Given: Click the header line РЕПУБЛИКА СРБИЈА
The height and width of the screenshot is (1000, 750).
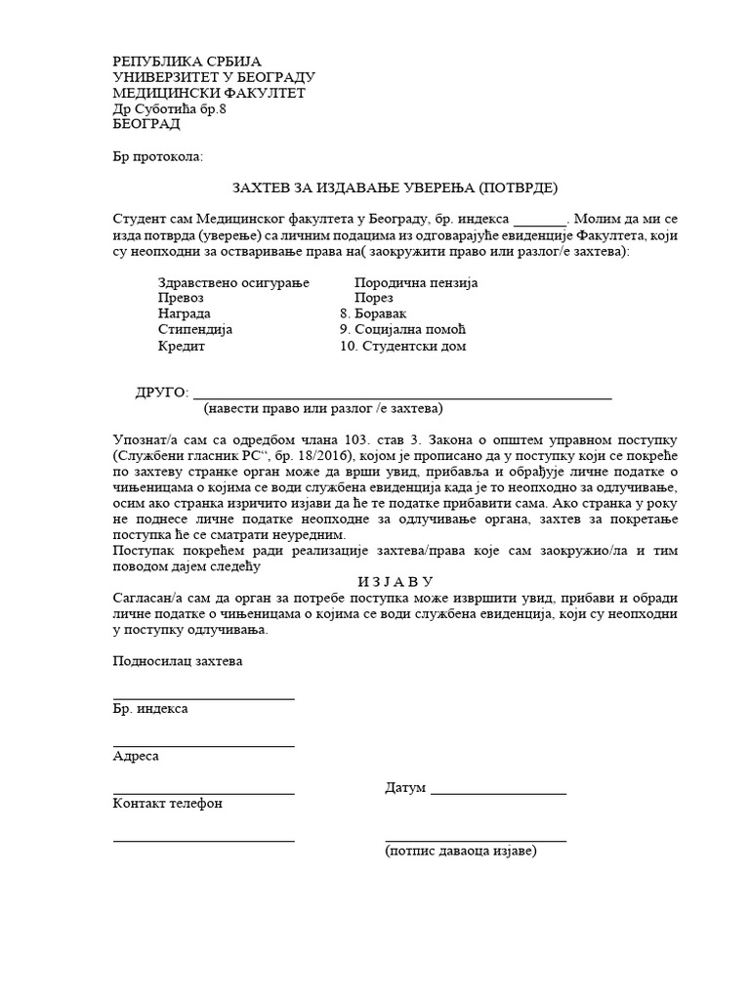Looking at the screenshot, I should point(187,62).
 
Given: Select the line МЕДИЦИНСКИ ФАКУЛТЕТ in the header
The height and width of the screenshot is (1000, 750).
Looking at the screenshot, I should point(209,93).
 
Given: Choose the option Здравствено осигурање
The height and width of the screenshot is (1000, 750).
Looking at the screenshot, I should point(232,283).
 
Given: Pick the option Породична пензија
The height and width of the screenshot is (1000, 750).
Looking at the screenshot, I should point(416,283).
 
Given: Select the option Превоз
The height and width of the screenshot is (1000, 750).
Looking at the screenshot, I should point(181,299).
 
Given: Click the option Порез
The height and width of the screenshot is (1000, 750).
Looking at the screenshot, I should point(374,299).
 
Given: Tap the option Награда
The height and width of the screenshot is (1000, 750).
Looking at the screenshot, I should point(184,314).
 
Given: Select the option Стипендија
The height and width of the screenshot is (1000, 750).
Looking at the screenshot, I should point(195,330).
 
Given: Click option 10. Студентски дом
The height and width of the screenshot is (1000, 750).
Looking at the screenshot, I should point(403,346).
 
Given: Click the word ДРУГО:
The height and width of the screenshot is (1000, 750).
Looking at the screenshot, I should point(161,393).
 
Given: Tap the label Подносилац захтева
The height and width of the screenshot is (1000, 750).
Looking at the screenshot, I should point(178,661).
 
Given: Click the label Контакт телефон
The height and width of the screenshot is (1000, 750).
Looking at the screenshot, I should point(168,804).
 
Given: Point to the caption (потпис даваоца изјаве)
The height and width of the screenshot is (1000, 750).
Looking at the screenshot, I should point(461,851).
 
